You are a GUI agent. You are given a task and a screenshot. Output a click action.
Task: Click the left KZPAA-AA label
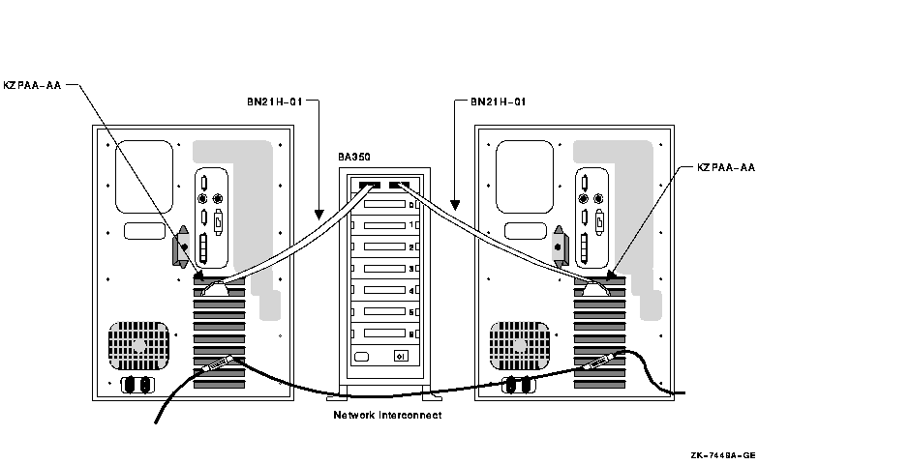(x=33, y=85)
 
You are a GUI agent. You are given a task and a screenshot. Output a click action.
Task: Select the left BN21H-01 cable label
(x=275, y=100)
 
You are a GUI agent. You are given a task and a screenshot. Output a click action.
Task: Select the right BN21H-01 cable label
(x=499, y=100)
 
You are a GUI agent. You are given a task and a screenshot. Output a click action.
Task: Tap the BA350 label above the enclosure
(x=354, y=156)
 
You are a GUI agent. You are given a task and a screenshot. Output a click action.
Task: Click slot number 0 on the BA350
(x=411, y=204)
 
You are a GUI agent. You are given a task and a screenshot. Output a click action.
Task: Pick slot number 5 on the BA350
(x=411, y=311)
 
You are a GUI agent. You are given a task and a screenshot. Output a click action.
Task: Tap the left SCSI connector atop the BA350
(x=369, y=185)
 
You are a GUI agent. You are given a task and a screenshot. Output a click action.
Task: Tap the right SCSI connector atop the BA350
(x=399, y=185)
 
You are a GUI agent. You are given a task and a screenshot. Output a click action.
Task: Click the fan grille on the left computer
(x=138, y=345)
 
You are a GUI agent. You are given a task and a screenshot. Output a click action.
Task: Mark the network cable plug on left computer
(x=215, y=366)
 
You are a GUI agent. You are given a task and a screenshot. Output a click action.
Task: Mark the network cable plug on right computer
(x=596, y=366)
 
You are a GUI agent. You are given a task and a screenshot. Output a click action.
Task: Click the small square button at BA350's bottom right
(x=400, y=356)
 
